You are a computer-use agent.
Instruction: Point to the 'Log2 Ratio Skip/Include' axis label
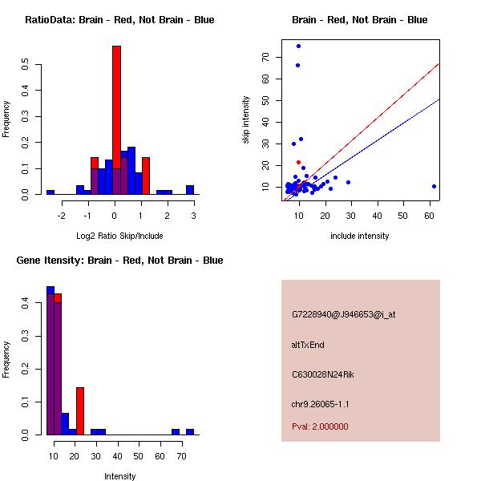115,236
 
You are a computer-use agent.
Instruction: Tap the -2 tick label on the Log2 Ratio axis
61,215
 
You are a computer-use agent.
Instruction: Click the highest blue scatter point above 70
298,46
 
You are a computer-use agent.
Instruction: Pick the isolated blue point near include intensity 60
434,186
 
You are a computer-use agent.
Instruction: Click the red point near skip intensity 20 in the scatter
298,162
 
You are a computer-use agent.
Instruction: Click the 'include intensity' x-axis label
359,236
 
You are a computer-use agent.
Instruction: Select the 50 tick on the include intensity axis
403,215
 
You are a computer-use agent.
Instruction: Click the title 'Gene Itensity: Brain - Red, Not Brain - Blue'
117,261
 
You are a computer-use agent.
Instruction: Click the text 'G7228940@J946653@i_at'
343,315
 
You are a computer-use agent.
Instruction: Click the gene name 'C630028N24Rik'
325,374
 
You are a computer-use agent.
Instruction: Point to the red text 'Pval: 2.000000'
320,426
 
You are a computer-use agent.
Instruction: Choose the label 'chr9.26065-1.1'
321,404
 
